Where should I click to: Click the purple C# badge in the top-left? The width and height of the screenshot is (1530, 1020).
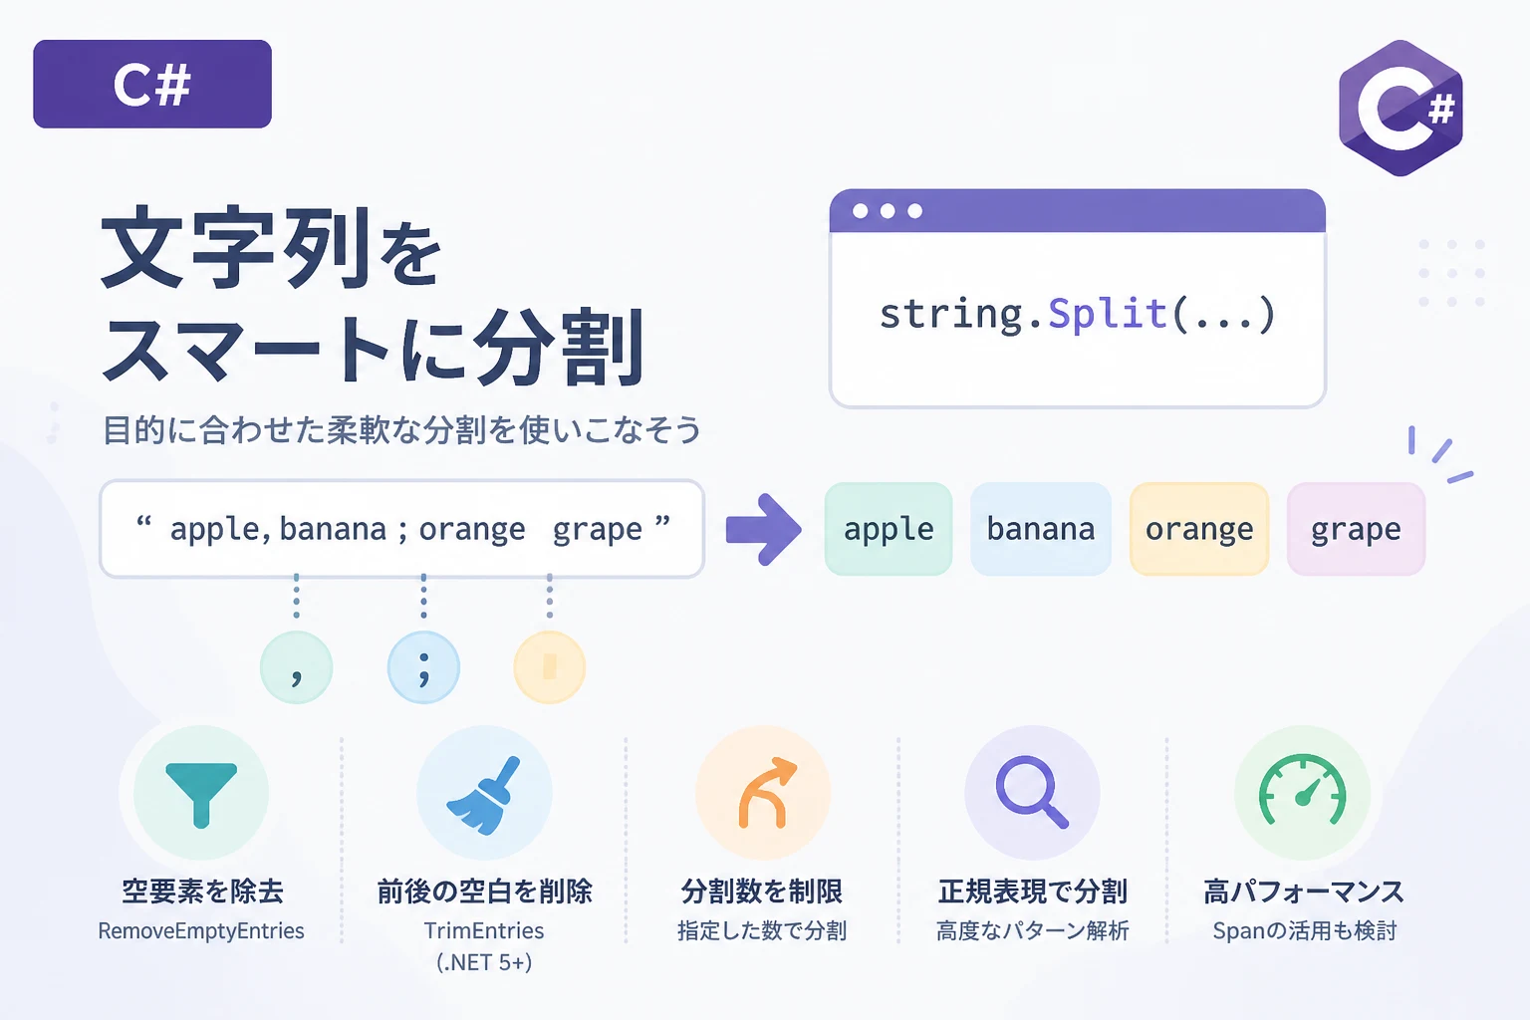(152, 84)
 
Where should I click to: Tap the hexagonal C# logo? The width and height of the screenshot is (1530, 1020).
(1401, 108)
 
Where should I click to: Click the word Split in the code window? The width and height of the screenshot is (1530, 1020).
(1108, 315)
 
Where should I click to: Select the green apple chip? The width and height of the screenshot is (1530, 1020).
(888, 529)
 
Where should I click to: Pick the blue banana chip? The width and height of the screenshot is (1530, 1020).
(1040, 529)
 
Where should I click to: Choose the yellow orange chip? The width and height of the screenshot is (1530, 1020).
(1199, 529)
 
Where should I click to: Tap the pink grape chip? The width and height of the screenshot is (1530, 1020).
(1356, 529)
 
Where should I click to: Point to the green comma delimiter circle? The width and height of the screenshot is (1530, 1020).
(297, 667)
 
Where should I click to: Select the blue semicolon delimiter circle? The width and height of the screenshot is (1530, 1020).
(423, 667)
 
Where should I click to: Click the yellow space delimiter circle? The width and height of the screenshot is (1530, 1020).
(549, 667)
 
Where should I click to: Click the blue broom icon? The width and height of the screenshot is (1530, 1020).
(483, 795)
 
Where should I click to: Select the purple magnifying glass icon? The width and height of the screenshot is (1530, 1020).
(1031, 792)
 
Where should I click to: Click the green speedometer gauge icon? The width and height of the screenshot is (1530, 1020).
(1303, 789)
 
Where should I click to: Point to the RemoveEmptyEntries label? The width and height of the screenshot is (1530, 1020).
(201, 930)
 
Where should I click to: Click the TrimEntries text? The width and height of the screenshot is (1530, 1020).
(483, 930)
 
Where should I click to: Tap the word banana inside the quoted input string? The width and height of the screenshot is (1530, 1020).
(334, 530)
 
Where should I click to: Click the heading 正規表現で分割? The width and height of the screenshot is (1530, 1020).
(1032, 892)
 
